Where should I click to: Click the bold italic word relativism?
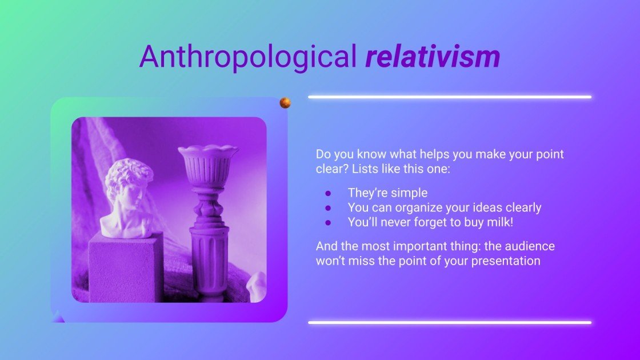(x=433, y=57)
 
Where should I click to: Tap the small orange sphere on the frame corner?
(x=285, y=103)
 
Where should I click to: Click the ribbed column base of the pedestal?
(x=209, y=263)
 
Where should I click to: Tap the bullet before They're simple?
(x=328, y=193)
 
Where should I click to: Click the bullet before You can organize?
(x=328, y=208)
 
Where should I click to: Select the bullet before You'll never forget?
(x=328, y=223)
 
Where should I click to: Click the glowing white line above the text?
(x=450, y=97)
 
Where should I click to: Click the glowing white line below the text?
(x=450, y=323)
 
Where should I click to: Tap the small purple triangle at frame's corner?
(x=58, y=316)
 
